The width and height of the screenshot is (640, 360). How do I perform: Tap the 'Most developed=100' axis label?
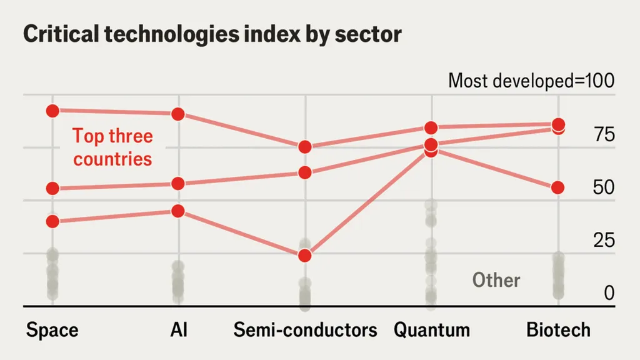click(x=531, y=81)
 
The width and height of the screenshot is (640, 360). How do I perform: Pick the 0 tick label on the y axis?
click(x=609, y=292)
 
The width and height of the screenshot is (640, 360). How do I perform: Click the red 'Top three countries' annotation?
click(x=112, y=147)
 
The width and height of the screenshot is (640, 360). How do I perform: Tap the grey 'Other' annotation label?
click(x=496, y=280)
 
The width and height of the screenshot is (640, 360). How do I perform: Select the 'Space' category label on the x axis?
click(x=52, y=329)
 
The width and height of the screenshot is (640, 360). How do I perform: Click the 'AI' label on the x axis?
click(x=179, y=329)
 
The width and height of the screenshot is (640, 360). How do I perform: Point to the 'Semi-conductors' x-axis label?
click(x=305, y=329)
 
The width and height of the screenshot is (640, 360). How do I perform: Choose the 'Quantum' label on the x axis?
click(x=431, y=329)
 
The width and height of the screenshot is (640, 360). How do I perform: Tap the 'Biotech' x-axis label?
click(x=558, y=329)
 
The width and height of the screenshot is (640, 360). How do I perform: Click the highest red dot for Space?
click(x=52, y=111)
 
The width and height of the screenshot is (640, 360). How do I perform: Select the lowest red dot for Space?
click(x=52, y=221)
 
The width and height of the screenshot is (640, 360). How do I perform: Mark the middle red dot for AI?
click(x=178, y=184)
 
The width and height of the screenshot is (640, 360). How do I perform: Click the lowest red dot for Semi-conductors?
click(x=305, y=256)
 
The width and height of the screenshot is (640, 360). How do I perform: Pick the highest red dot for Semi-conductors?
click(x=305, y=147)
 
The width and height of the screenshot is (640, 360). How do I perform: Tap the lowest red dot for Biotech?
click(x=558, y=187)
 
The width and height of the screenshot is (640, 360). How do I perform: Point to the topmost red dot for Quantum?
click(x=431, y=127)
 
